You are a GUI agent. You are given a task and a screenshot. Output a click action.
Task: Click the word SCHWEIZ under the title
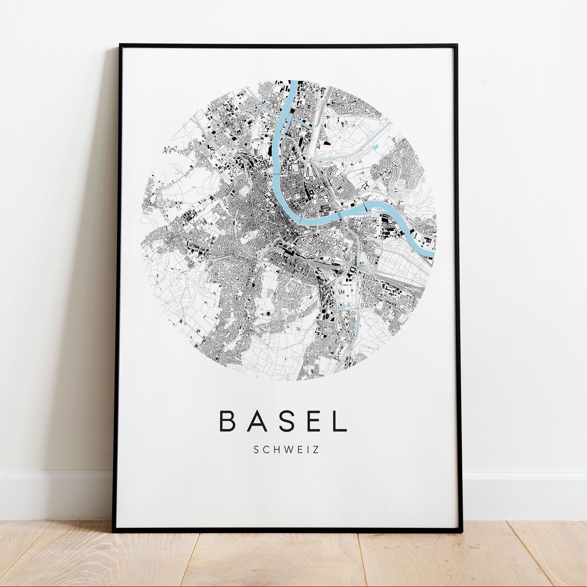(x=286, y=450)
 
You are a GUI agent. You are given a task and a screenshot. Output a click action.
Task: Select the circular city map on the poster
(x=288, y=231)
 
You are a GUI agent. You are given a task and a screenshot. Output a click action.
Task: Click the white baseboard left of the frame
(x=55, y=495)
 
